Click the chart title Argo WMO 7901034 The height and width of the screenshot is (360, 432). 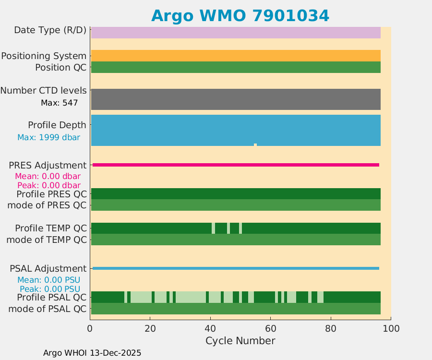coord(240,16)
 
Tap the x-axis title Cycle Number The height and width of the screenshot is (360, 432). coord(240,341)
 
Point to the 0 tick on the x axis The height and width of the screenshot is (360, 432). coord(90,328)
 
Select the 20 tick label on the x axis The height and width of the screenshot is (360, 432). coord(150,328)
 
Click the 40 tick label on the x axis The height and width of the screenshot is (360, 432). coord(210,328)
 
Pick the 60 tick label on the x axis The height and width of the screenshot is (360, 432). coord(270,328)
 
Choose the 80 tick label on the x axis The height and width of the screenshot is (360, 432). coord(330,328)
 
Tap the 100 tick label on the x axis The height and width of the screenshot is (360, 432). coord(390,328)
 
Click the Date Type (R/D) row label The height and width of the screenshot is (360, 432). coord(50,30)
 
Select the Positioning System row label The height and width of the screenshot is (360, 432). coord(44,56)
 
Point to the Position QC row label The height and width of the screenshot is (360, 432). coord(60,68)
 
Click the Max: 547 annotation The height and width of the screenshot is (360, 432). coord(60,103)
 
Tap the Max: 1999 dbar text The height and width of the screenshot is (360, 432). coord(48,138)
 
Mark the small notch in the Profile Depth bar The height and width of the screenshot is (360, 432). coord(255,144)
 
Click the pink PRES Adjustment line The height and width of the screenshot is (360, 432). coord(235,165)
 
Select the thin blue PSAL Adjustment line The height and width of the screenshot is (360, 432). coord(235,268)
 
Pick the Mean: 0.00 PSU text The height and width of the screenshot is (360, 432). coord(48,280)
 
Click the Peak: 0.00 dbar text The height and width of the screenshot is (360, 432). coord(48,185)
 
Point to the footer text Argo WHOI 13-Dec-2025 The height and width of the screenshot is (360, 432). coord(92,353)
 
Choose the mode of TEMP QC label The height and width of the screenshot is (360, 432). coord(46,240)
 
